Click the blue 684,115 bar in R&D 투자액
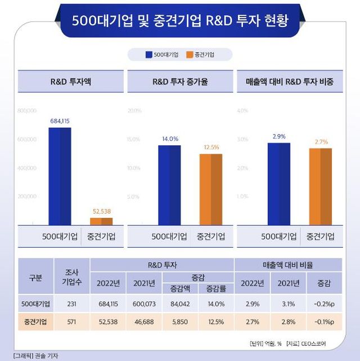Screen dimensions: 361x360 pyautogui.click(x=60, y=176)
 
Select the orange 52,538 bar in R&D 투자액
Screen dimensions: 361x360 pyautogui.click(x=101, y=221)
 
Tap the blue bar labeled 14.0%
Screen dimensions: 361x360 pyautogui.click(x=169, y=185)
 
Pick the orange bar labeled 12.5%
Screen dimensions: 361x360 pyautogui.click(x=211, y=189)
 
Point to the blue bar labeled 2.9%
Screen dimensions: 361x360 pyautogui.click(x=279, y=184)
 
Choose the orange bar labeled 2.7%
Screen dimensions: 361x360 pyautogui.click(x=320, y=186)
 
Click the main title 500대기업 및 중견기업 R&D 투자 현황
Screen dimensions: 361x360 pyautogui.click(x=180, y=21)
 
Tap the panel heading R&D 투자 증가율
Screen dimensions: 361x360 pyautogui.click(x=180, y=82)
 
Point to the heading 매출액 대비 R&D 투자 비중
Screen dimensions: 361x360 pyautogui.click(x=290, y=82)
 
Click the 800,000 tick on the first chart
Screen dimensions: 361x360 pyautogui.click(x=27, y=110)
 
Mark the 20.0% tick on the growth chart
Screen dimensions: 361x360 pyautogui.click(x=134, y=110)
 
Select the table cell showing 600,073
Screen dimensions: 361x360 pyautogui.click(x=145, y=304)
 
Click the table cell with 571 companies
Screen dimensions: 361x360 pyautogui.click(x=71, y=322)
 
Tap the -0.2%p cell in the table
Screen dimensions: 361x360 pyautogui.click(x=324, y=304)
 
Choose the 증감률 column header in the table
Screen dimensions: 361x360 pyautogui.click(x=215, y=289)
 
